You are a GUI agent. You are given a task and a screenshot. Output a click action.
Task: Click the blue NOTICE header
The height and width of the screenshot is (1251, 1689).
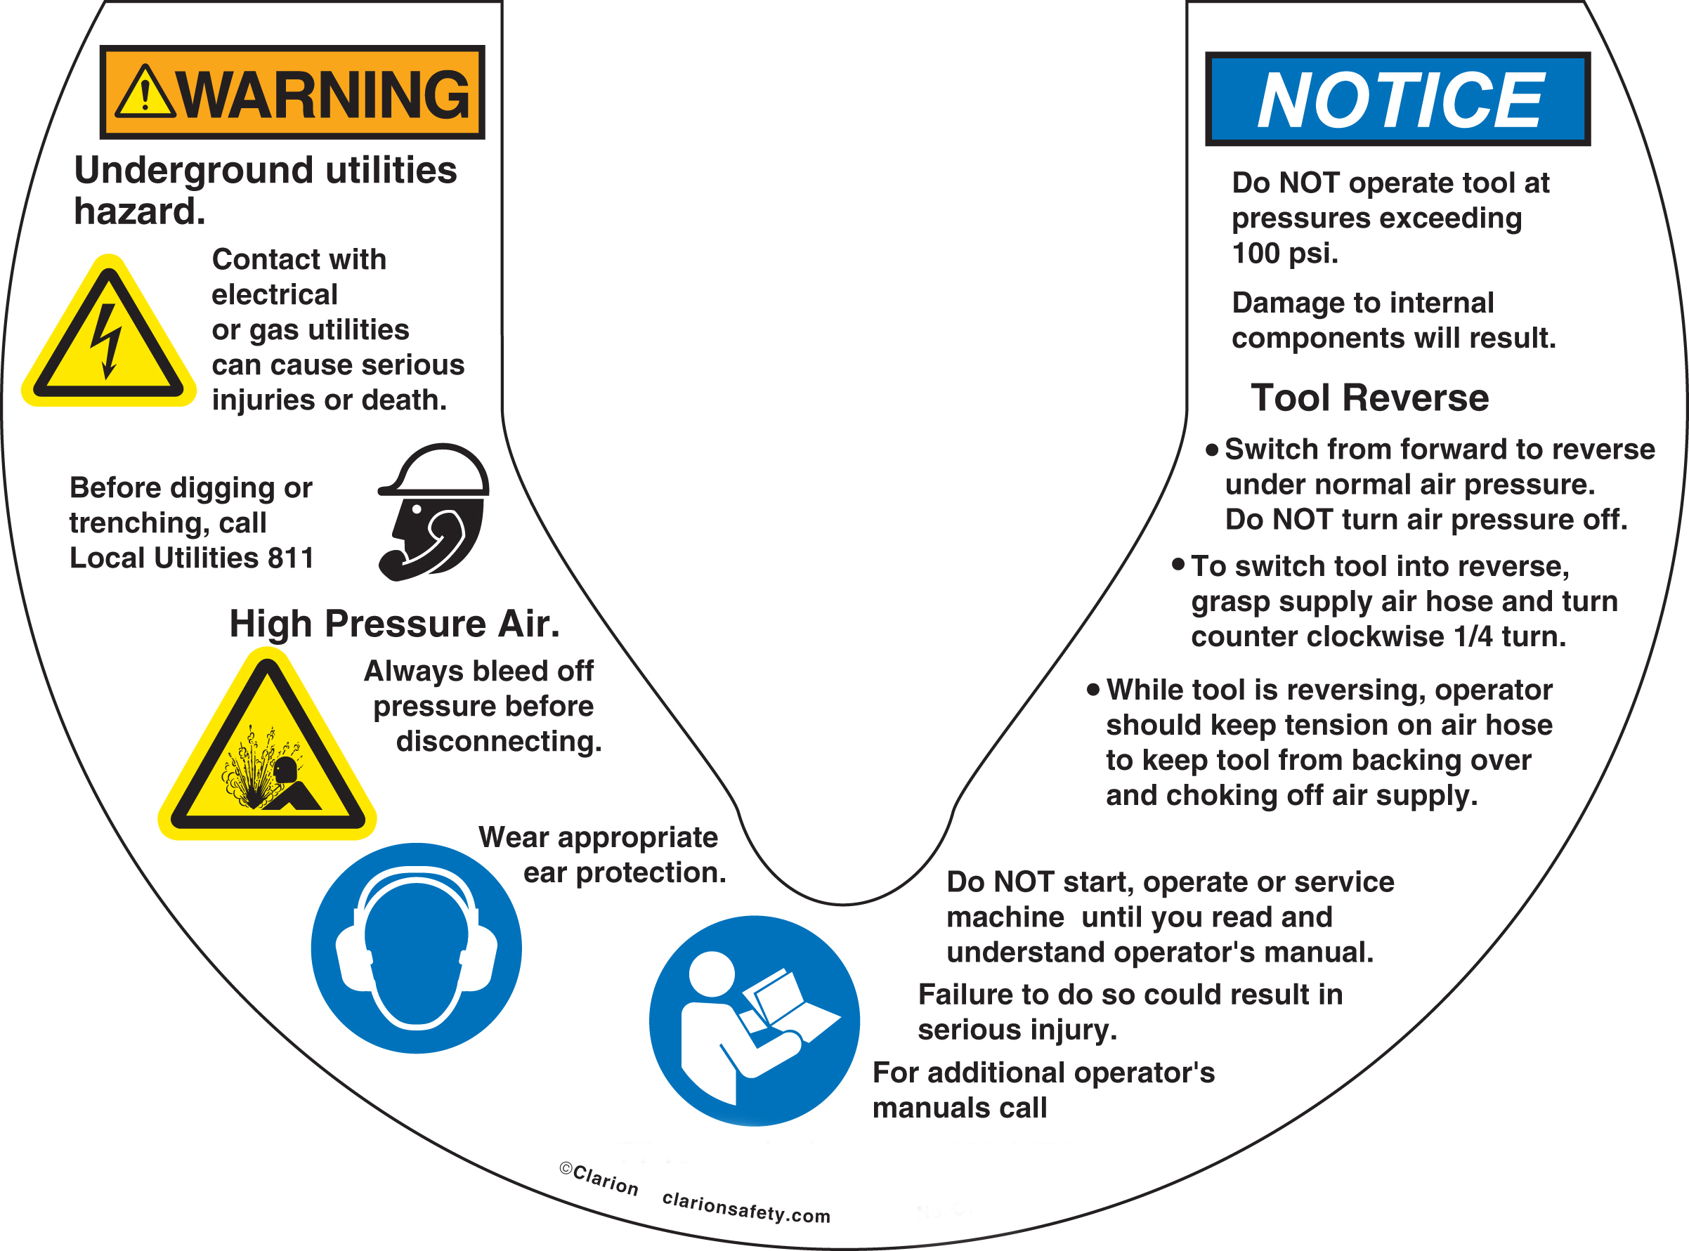(x=1397, y=99)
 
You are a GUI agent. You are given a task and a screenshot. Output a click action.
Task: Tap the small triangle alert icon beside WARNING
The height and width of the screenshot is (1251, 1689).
(x=145, y=93)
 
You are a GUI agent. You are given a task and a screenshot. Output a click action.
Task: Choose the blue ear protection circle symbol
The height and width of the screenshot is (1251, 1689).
(x=416, y=948)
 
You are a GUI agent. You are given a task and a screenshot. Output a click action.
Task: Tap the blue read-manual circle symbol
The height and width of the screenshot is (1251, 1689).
(x=754, y=1021)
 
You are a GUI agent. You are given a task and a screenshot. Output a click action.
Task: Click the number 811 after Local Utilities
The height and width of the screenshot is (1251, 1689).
(x=291, y=558)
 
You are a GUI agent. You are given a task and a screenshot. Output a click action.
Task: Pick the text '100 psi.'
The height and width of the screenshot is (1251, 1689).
(x=1284, y=253)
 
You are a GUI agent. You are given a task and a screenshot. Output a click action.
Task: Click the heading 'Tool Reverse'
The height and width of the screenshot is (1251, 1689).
(x=1369, y=398)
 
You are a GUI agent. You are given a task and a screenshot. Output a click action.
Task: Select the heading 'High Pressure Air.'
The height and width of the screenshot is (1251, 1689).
(x=394, y=624)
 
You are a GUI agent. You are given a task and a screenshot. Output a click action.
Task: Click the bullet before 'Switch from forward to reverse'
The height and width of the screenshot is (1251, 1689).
(x=1212, y=450)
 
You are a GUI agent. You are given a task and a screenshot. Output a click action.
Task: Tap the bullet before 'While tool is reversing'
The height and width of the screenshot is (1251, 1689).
(x=1093, y=690)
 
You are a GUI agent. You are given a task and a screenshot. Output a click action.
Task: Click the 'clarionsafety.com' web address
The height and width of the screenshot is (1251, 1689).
(x=746, y=1207)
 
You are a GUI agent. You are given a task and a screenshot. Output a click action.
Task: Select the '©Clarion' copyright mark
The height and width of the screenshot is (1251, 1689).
(x=599, y=1179)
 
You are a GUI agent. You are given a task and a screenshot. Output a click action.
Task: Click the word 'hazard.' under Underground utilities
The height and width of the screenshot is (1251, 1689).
(x=139, y=211)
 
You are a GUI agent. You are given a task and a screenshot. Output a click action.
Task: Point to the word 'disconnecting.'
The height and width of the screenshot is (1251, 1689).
(x=498, y=741)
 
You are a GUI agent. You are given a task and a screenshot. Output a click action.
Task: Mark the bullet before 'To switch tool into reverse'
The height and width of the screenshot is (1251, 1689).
(x=1178, y=564)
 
